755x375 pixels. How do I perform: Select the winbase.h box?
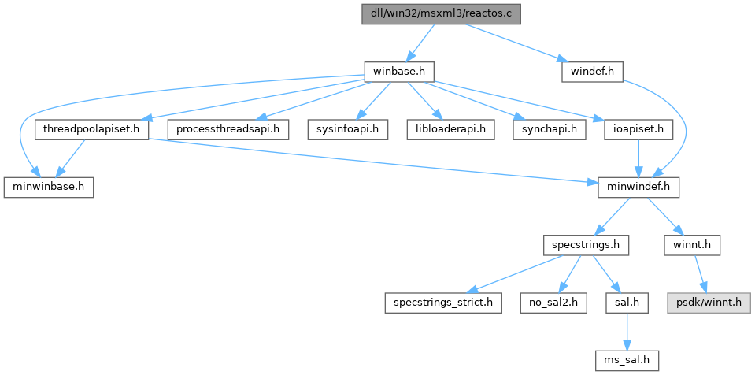[x=400, y=72]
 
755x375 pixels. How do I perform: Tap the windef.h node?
[x=592, y=72]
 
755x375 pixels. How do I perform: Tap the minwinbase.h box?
[x=49, y=187]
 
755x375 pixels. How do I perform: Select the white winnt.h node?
[x=692, y=244]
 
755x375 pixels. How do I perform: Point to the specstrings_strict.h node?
[x=443, y=302]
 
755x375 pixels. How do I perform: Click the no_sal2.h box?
[x=553, y=302]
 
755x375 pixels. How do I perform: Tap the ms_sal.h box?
[x=627, y=359]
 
